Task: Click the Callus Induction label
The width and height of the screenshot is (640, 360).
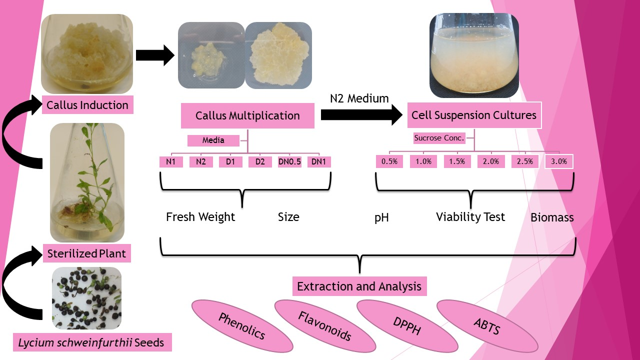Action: pos(87,105)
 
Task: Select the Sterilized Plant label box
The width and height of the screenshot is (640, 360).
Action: pos(87,253)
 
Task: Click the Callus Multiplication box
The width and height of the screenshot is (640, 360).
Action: pos(247,116)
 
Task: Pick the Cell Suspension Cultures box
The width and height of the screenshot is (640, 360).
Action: pos(473,115)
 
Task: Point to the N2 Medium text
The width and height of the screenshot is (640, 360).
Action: pos(359,98)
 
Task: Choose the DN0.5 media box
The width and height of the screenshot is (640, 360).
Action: pos(290,162)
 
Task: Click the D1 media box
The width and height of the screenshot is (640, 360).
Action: pos(230,162)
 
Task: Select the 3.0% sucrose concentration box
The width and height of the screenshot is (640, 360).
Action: pos(559,161)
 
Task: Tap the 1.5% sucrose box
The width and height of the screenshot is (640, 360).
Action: pos(457,161)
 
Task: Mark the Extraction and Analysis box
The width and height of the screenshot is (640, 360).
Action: pos(359,287)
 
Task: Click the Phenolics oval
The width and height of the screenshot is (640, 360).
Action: pos(241,325)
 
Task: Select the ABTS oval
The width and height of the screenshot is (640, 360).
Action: pos(486,325)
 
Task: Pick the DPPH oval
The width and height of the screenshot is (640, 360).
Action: pos(406,325)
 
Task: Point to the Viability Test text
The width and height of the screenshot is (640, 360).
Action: pos(470,217)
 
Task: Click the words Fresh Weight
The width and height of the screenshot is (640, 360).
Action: pos(200,217)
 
